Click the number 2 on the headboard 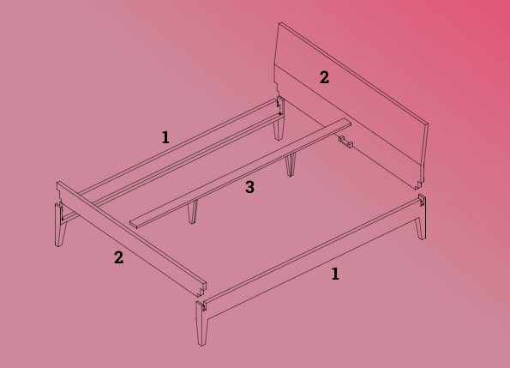click(324, 78)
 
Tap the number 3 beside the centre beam click(249, 187)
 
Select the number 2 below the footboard click(119, 257)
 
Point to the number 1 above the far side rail click(165, 137)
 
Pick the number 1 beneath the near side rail click(335, 274)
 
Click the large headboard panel click(351, 106)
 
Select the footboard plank click(130, 238)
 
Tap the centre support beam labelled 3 click(241, 173)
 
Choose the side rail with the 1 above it click(182, 153)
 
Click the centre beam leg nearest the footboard click(193, 212)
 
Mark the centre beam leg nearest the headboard click(291, 165)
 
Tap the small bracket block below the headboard click(345, 142)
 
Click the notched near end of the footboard click(201, 289)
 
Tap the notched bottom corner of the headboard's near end click(419, 184)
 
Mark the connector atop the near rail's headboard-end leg click(422, 200)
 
